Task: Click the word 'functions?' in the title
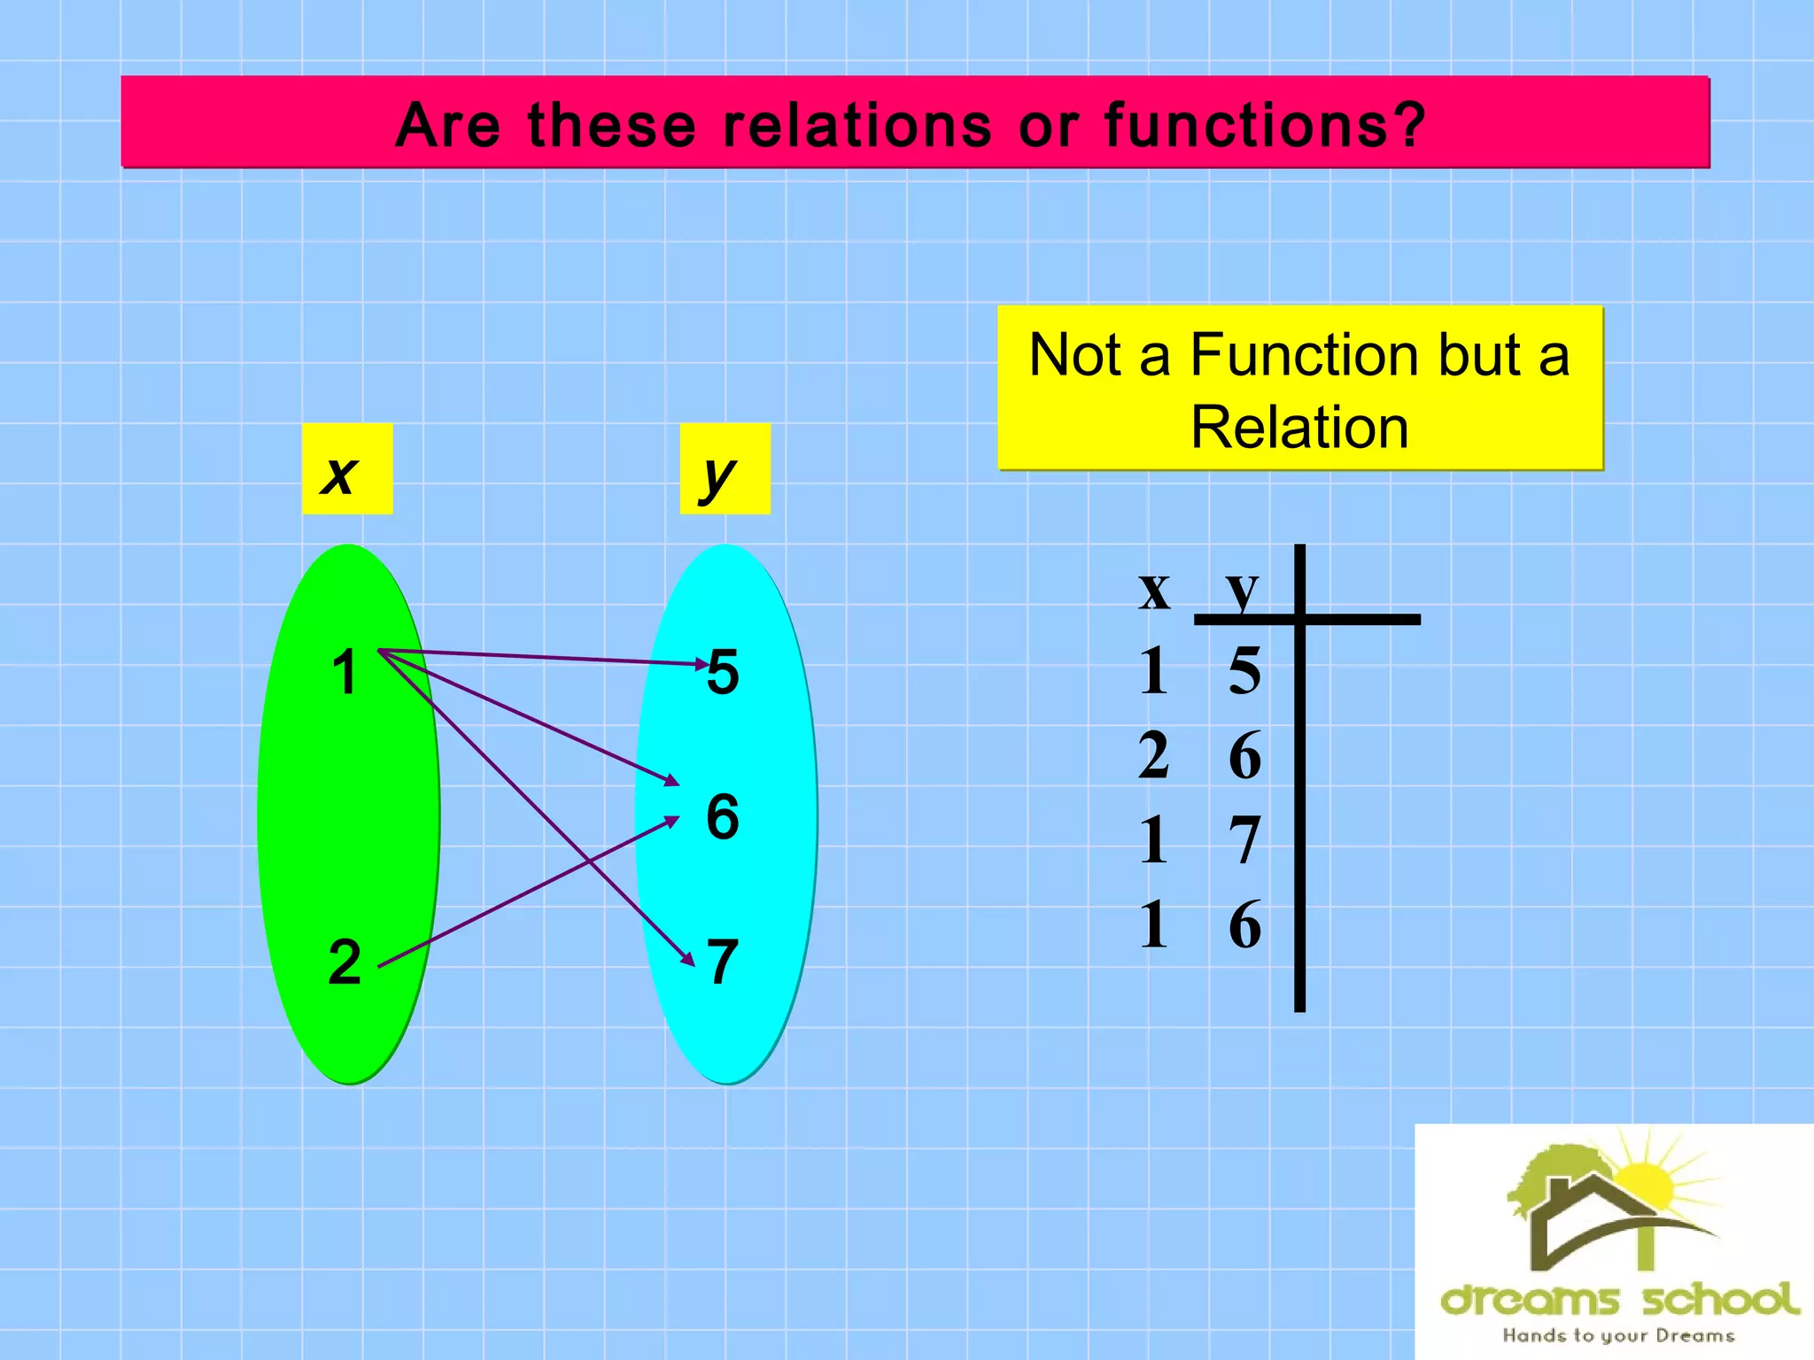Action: click(1265, 125)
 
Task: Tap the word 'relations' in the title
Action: click(857, 125)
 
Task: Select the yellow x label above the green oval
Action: click(346, 470)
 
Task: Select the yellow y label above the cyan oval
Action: click(724, 470)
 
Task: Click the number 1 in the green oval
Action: click(345, 673)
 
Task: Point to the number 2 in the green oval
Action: click(345, 962)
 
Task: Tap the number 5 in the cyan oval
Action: click(723, 672)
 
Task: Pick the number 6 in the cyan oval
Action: click(723, 816)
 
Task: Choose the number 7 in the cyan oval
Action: click(723, 962)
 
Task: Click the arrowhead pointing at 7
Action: click(687, 958)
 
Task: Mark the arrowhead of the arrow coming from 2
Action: click(671, 821)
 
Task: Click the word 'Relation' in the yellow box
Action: click(1298, 428)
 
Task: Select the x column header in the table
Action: click(1154, 589)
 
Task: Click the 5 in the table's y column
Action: click(1244, 670)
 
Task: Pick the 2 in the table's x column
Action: click(1153, 755)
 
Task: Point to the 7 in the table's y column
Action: click(1244, 840)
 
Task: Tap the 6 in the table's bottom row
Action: click(1244, 925)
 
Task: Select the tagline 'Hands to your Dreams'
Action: click(1617, 1335)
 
